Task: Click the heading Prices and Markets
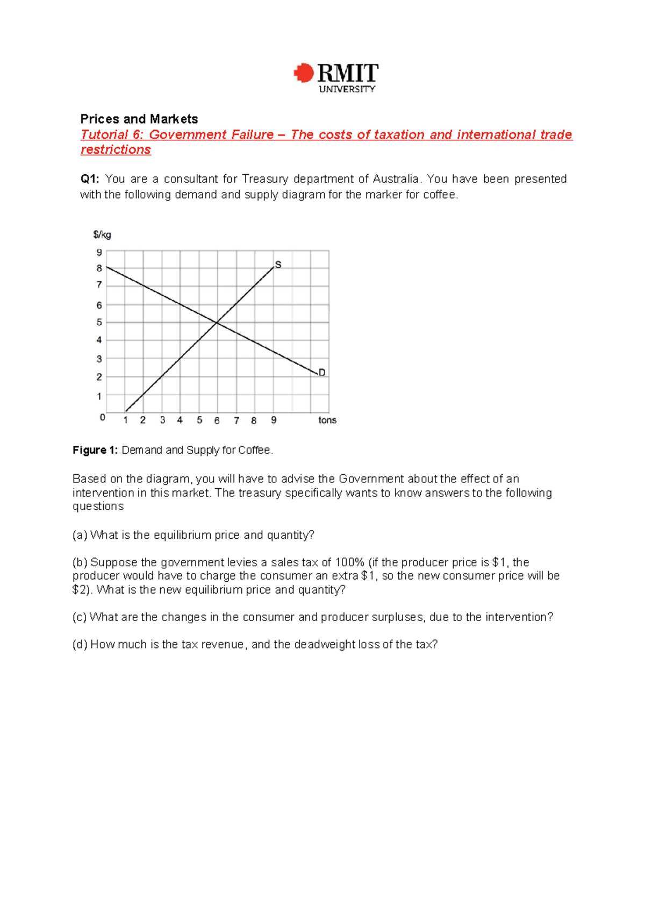pos(139,119)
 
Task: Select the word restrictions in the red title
pos(116,149)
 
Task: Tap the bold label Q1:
pos(90,179)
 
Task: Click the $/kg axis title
pos(102,234)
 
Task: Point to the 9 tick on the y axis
pos(99,252)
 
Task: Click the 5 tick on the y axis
pos(99,323)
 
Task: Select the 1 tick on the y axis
pos(99,396)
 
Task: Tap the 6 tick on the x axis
pos(217,420)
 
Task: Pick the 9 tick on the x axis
pos(274,420)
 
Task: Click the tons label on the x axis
pos(327,420)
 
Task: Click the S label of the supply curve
pos(278,265)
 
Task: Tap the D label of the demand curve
pos(322,372)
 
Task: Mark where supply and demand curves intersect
pos(217,323)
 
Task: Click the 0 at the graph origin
pos(103,417)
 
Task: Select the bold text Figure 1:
pos(95,450)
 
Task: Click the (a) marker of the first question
pos(80,535)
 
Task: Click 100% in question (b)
pos(349,562)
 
